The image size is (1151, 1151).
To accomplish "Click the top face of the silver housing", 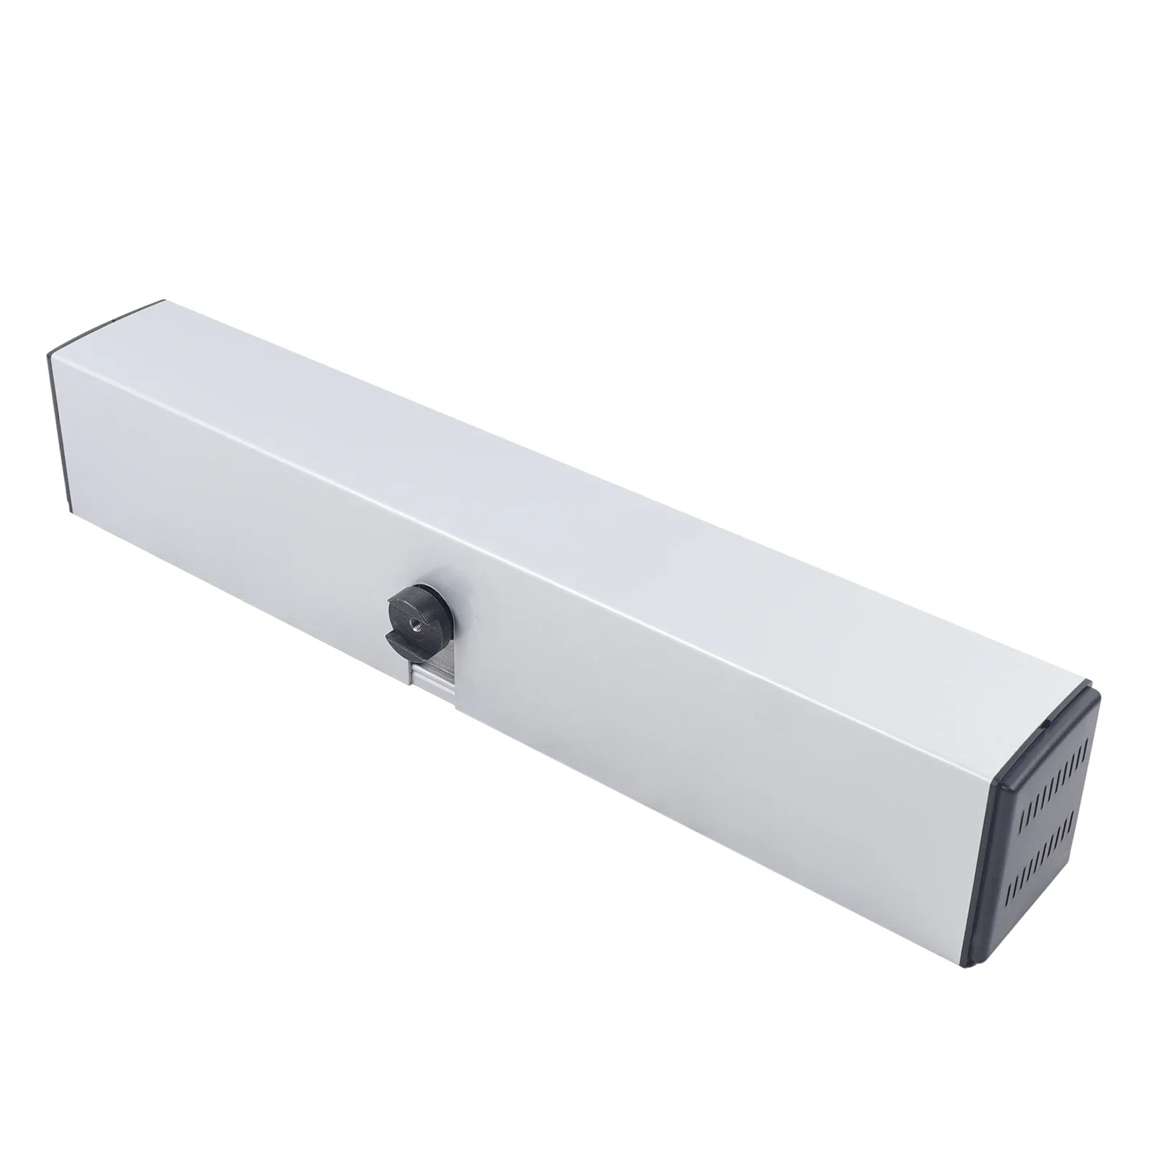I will [x=575, y=446].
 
